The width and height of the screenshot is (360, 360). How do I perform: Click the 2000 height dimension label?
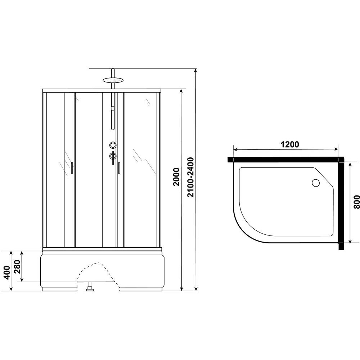point(176,177)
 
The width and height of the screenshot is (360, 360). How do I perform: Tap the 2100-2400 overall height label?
point(190,177)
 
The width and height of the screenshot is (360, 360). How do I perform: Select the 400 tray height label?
point(7,272)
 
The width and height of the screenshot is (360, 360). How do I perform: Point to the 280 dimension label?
point(17,267)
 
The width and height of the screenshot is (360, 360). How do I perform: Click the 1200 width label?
point(290,144)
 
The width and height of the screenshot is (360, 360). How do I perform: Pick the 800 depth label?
point(356,202)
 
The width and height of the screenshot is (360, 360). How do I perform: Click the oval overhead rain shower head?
point(113,80)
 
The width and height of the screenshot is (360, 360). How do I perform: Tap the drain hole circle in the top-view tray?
point(316,183)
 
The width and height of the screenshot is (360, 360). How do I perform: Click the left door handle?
point(72,168)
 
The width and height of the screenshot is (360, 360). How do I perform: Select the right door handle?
point(119,168)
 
